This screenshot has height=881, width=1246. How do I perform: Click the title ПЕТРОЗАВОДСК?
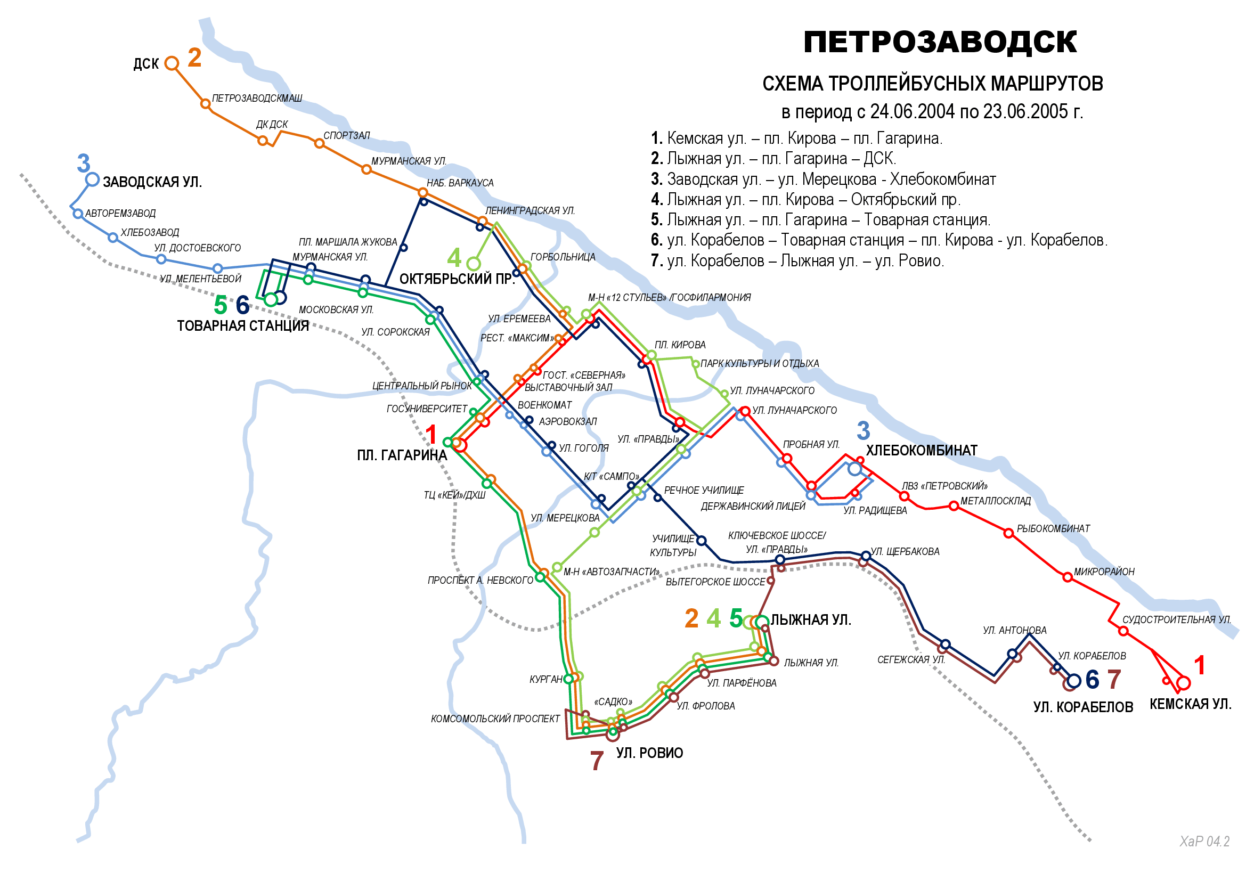[x=939, y=42]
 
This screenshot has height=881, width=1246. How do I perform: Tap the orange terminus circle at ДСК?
[x=172, y=63]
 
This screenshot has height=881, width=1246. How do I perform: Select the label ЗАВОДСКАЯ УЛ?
[x=152, y=182]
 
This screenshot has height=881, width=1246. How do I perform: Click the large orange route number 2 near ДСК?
[x=195, y=58]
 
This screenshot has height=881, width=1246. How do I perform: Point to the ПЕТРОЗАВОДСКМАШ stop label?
[x=257, y=98]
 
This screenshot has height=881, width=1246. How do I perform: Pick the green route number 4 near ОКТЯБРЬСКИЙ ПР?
[x=454, y=258]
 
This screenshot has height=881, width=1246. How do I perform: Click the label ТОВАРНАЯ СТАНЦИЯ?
[x=242, y=325]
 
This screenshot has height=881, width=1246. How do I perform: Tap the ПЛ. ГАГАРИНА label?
[x=402, y=455]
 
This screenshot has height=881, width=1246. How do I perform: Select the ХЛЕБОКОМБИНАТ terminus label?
[x=921, y=450]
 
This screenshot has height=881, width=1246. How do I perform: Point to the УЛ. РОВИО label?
[x=649, y=753]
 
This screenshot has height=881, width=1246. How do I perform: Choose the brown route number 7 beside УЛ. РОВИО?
[x=597, y=761]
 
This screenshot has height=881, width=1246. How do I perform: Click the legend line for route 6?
[x=878, y=240]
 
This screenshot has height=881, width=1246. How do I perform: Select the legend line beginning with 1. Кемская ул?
[x=796, y=138]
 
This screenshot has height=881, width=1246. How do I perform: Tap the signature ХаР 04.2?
[x=1204, y=842]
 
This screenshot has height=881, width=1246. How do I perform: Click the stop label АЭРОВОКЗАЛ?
[x=568, y=421]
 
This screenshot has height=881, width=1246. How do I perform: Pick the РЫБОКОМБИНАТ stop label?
[x=1053, y=528]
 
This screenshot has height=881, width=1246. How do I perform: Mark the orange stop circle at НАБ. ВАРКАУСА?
[x=423, y=193]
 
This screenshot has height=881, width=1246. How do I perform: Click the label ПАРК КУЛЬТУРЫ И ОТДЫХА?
[x=759, y=363]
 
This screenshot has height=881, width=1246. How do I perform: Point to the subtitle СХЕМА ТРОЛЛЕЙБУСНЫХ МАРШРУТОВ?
[x=932, y=84]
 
